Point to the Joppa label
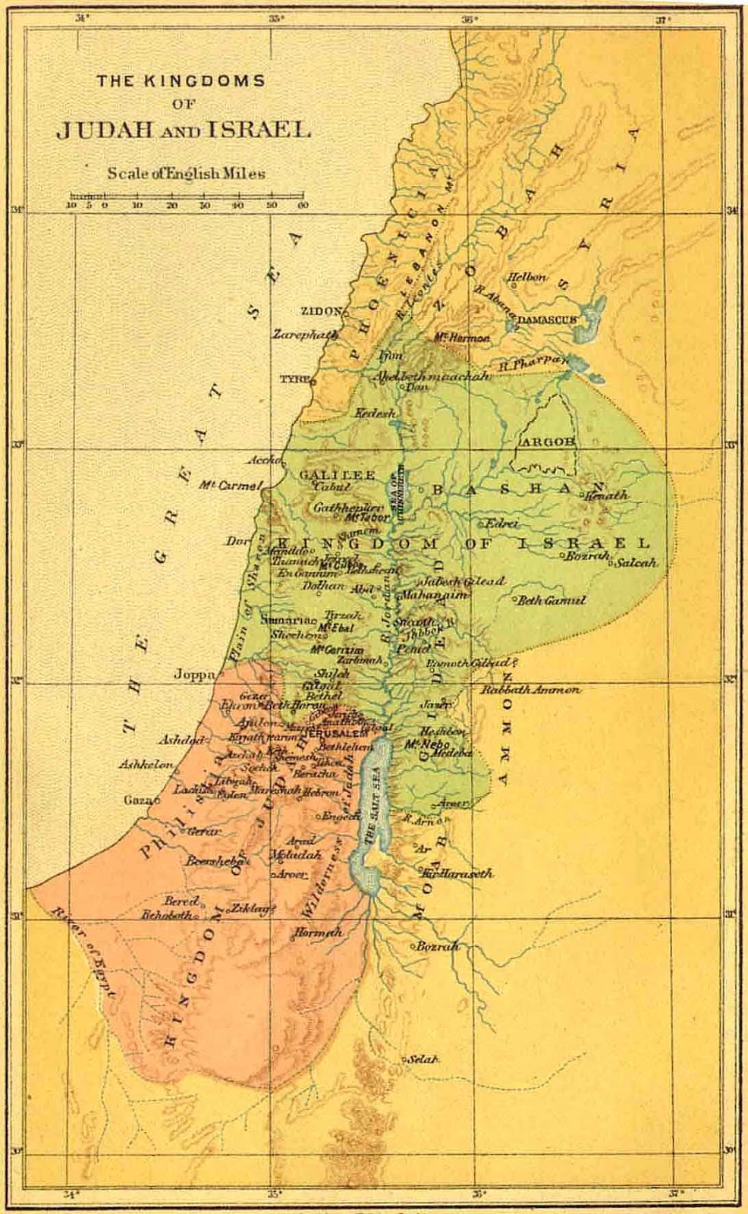click(194, 674)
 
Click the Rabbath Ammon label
click(531, 690)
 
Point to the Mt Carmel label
click(230, 485)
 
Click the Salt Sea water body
click(372, 804)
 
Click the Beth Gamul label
click(552, 600)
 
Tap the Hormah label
click(318, 933)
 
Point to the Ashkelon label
click(146, 765)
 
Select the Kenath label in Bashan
click(606, 495)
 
